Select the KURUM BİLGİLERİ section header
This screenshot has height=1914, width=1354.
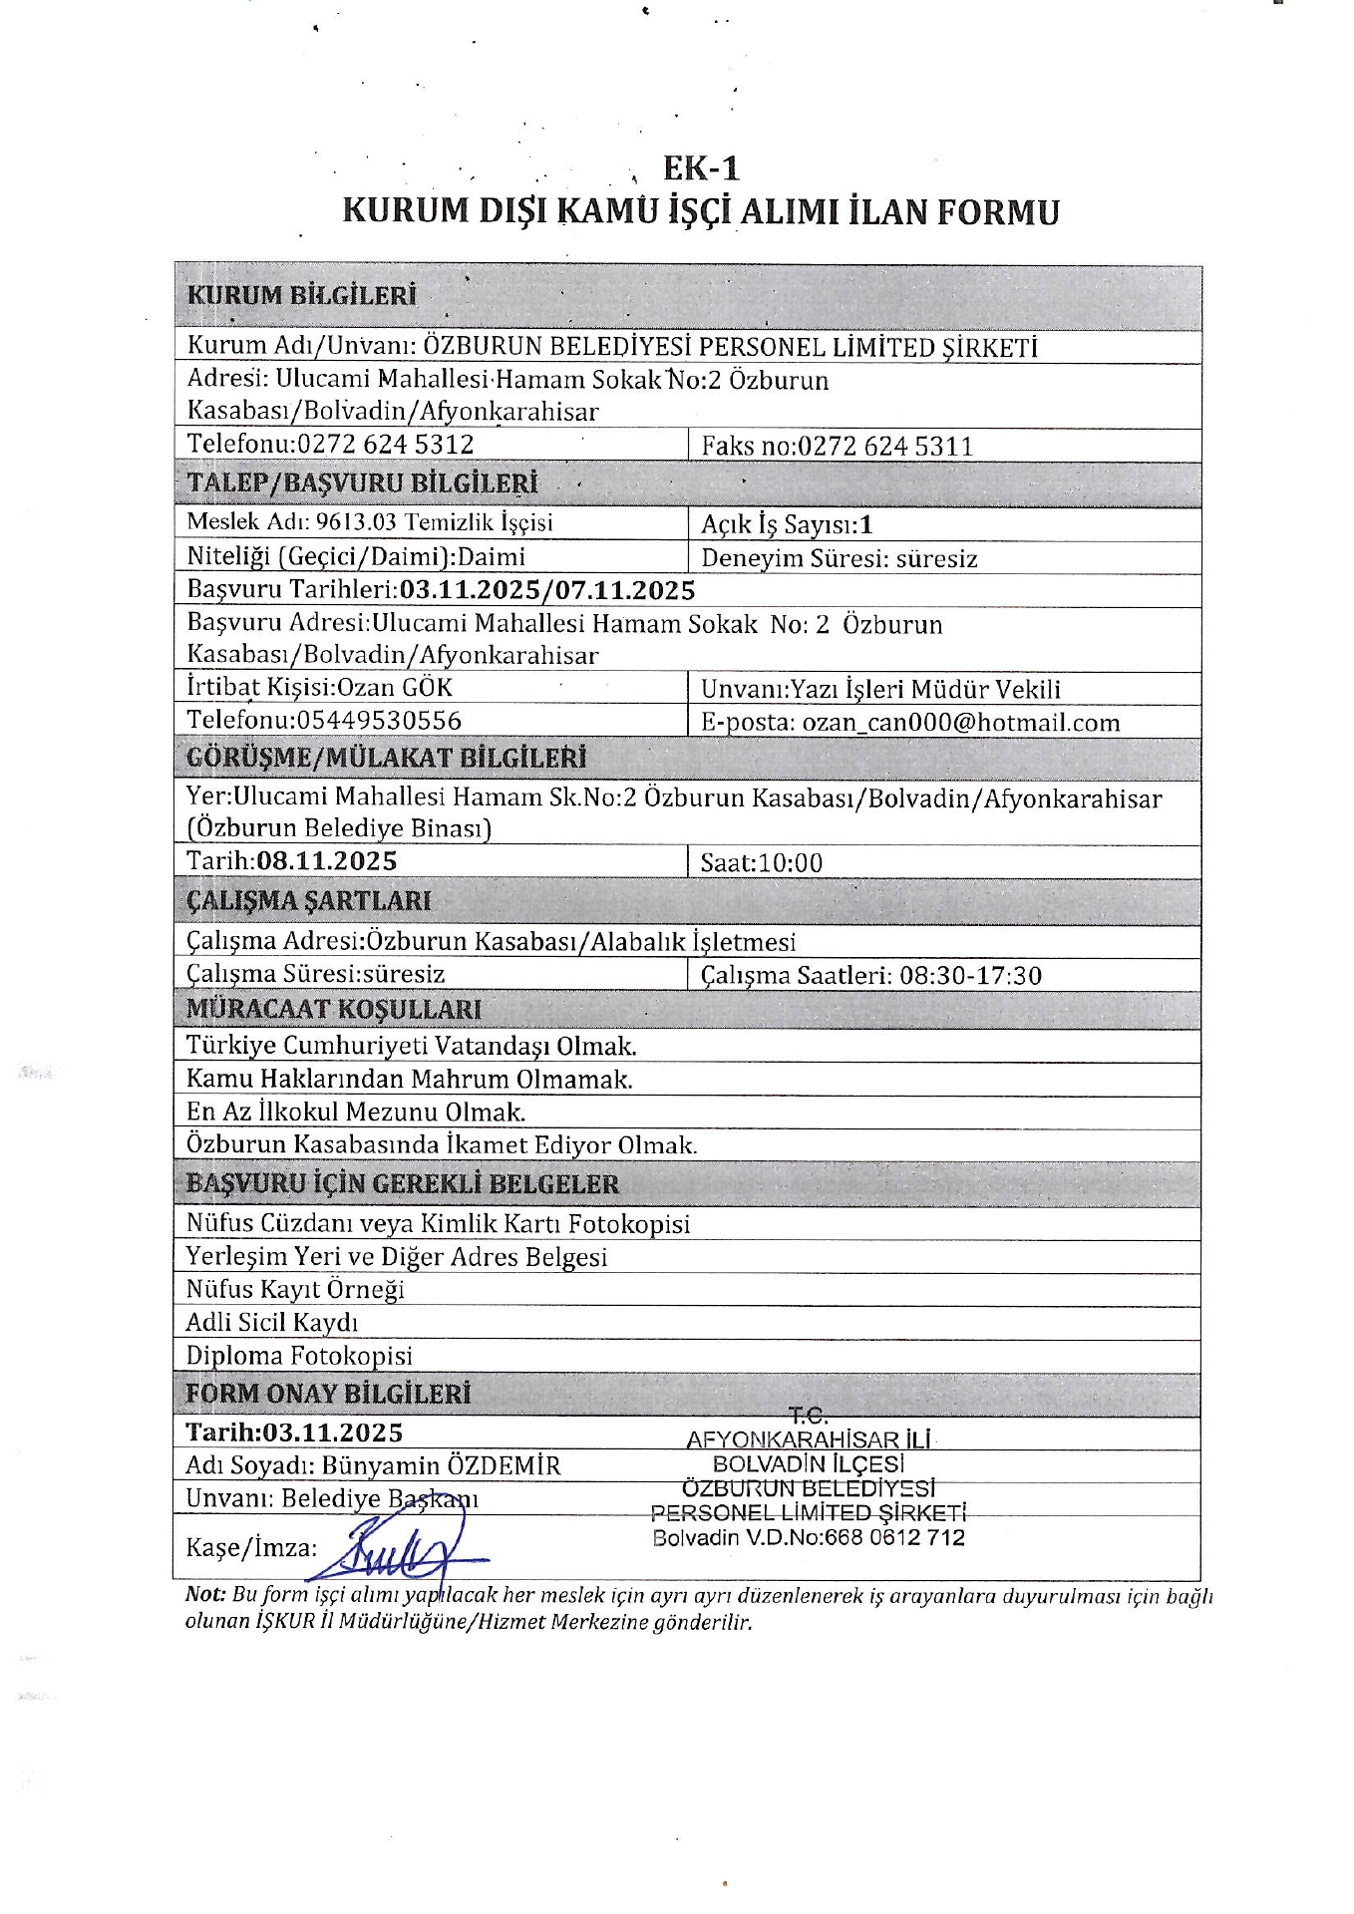[x=301, y=296]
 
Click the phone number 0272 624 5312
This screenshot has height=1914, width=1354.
[x=386, y=445]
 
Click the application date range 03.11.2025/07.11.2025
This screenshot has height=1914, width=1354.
[x=546, y=590]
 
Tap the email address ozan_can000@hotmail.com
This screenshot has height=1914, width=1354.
[x=961, y=723]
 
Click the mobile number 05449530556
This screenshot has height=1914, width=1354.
[x=379, y=721]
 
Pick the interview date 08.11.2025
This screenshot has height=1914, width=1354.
[x=326, y=861]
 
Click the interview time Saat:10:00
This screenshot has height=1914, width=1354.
[x=761, y=863]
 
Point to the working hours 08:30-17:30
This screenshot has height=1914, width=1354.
[x=970, y=975]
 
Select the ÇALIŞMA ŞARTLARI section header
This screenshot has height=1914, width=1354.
[x=309, y=901]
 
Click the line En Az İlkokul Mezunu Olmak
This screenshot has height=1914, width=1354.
[x=355, y=1112]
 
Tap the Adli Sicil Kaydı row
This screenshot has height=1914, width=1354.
[x=271, y=1323]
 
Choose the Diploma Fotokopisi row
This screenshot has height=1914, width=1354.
[x=298, y=1356]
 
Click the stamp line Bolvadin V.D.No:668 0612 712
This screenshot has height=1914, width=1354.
[x=809, y=1537]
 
